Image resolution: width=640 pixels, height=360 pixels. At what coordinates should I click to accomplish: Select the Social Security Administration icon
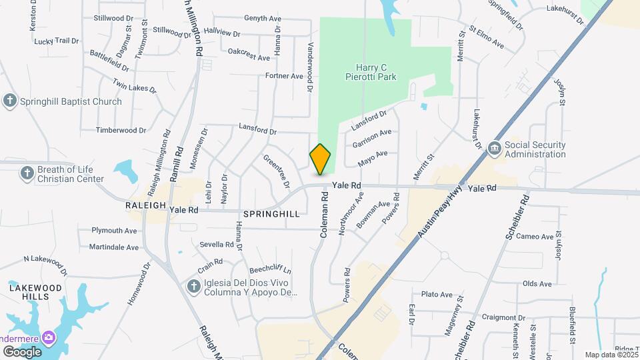(495, 149)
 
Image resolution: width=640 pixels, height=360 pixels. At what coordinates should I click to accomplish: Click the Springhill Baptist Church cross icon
(9, 101)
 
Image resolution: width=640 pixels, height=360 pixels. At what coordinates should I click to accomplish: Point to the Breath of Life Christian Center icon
(27, 174)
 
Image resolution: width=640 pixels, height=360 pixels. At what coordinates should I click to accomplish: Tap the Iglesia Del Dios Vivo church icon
(193, 287)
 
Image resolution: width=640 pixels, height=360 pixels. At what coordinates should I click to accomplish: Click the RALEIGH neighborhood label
(145, 206)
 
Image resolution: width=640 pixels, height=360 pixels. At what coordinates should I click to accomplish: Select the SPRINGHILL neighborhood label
(271, 214)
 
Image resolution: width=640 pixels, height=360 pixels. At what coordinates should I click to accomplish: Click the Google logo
(22, 351)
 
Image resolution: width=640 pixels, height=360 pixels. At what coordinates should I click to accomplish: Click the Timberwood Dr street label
(121, 131)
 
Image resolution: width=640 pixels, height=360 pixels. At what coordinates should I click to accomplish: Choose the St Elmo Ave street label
(486, 37)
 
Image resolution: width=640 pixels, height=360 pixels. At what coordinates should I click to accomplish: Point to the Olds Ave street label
(537, 284)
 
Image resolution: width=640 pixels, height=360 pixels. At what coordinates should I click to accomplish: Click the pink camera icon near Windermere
(49, 337)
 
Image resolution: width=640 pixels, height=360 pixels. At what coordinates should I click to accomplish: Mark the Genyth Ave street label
(263, 19)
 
